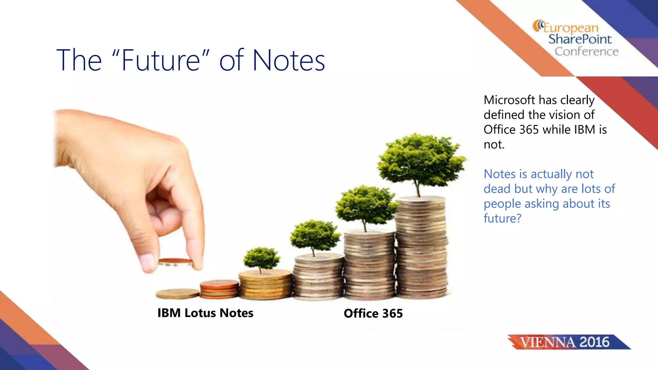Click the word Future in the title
point(161,60)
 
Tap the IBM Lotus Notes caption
point(205,313)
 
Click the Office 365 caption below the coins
point(373,313)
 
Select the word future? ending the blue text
point(502,218)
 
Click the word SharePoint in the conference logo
point(580,39)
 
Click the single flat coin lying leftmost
point(177,293)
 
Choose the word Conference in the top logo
point(586,51)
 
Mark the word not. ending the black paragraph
point(494,145)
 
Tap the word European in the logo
point(571,28)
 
